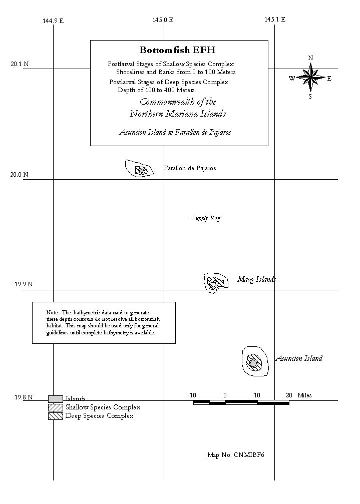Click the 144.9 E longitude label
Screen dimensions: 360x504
[x=53, y=21]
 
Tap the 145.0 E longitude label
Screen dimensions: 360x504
[x=163, y=20]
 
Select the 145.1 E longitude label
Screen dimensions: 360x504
[x=275, y=20]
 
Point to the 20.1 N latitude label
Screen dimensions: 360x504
[x=20, y=64]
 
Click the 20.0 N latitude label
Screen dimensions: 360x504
[x=19, y=175]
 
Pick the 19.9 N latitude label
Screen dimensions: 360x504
[x=24, y=284]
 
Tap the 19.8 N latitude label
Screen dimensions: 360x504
[x=24, y=397]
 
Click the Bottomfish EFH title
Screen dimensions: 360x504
[x=177, y=50]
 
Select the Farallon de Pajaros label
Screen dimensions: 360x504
[x=190, y=168]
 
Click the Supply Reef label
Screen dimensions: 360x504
[x=206, y=219]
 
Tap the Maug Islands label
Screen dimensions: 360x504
[x=256, y=279]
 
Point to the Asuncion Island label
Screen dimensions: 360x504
[x=299, y=358]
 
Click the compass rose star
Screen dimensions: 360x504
[x=310, y=77]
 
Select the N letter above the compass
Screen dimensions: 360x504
[x=310, y=58]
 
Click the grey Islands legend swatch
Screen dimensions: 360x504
[x=56, y=399]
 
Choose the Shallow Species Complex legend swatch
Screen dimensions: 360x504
[x=56, y=407]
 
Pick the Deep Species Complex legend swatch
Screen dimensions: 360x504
[x=56, y=416]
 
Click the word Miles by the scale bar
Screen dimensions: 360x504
[x=304, y=395]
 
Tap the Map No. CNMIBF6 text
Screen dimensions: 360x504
[x=236, y=455]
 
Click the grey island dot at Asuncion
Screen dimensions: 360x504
[x=254, y=363]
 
